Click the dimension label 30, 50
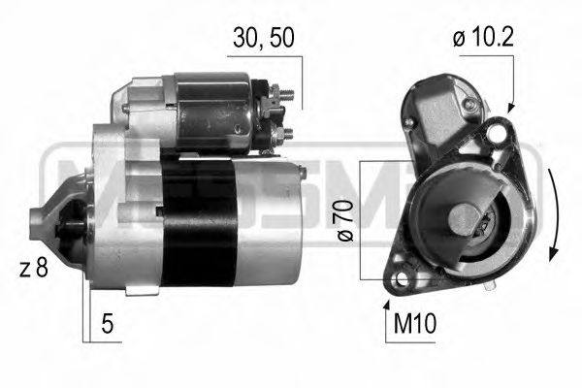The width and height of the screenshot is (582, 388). (x=265, y=38)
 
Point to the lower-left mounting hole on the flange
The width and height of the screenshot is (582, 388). (x=400, y=281)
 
